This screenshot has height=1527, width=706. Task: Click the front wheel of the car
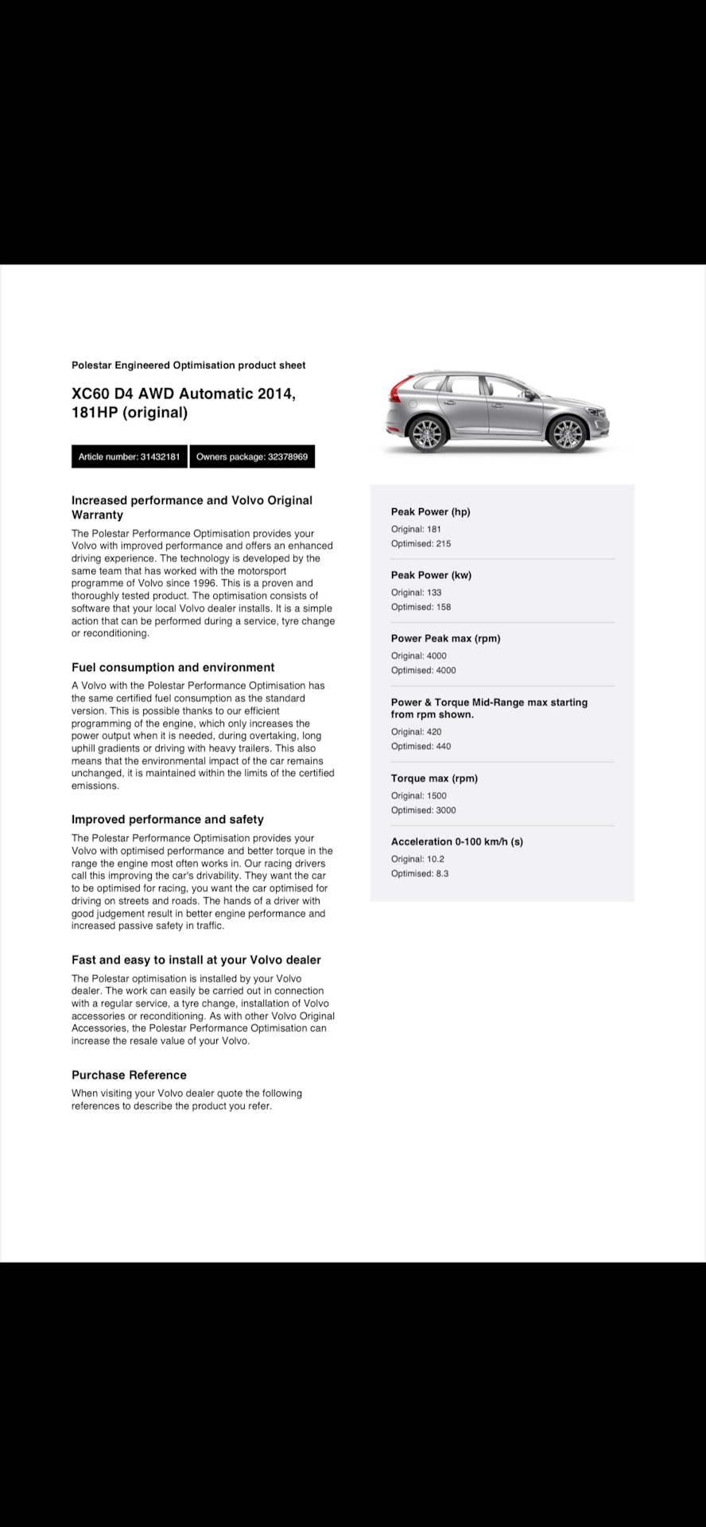tap(567, 433)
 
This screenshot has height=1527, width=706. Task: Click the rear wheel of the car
tap(427, 433)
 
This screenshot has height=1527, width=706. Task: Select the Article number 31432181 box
tap(129, 457)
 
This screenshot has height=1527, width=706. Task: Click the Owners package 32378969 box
tap(252, 457)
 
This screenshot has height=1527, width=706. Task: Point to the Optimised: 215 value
tap(421, 544)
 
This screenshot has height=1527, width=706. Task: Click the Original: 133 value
tap(416, 593)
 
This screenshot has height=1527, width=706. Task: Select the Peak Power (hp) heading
tap(430, 512)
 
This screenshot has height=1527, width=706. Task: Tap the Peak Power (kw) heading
tap(431, 575)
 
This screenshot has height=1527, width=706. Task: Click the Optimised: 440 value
tap(421, 747)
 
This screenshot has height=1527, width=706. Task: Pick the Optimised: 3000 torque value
tap(423, 810)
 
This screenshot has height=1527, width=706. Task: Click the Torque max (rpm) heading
tap(434, 779)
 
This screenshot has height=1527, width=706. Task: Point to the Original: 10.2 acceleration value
tap(417, 859)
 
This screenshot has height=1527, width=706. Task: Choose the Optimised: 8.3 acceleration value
tap(420, 874)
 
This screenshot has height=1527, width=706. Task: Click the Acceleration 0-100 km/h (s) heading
tap(456, 841)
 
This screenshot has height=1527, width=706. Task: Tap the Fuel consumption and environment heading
tap(173, 668)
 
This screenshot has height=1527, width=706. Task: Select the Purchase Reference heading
tap(129, 1075)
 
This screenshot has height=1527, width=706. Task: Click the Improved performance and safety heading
tap(167, 820)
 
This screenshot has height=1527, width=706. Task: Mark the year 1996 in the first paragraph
tap(203, 583)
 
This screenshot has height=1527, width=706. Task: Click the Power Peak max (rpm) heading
tap(445, 639)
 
